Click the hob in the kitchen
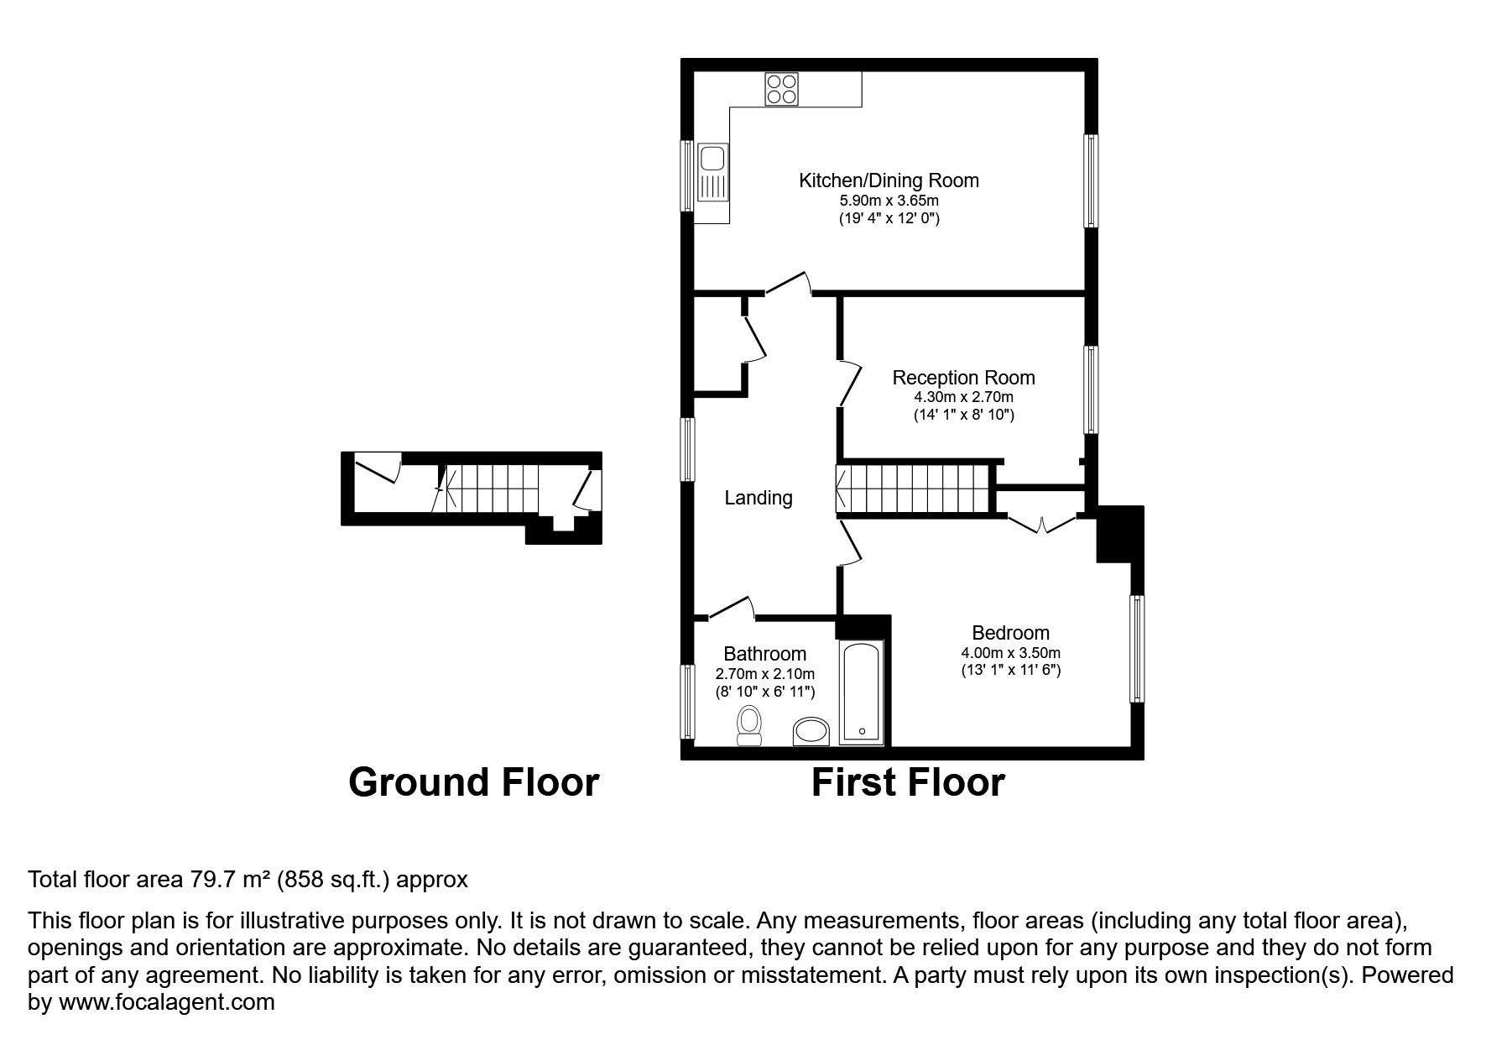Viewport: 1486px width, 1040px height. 781,89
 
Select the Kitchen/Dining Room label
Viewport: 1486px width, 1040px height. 889,180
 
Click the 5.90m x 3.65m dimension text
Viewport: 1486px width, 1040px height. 889,201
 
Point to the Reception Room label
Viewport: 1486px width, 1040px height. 963,378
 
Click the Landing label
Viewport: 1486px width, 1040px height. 759,498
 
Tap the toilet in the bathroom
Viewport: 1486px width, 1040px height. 748,725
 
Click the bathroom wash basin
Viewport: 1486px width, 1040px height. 811,731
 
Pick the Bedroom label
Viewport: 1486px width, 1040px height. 1010,633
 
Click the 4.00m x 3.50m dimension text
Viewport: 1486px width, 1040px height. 1010,653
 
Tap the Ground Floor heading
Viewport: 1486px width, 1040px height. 473,782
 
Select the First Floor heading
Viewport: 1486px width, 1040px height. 908,782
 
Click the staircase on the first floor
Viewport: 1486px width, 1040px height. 914,489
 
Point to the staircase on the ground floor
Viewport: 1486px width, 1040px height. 487,489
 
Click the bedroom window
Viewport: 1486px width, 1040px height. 1137,648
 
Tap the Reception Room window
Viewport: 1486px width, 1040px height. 1091,389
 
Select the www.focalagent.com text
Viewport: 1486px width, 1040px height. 166,1002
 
